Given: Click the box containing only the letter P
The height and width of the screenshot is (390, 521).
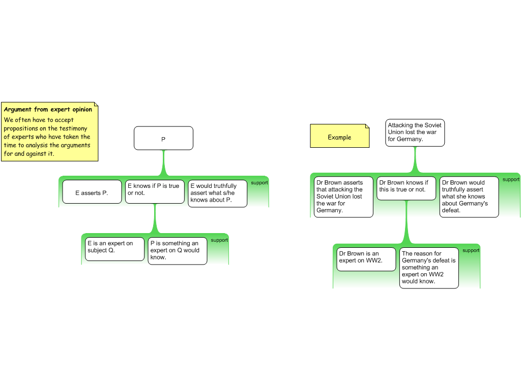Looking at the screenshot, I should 163,138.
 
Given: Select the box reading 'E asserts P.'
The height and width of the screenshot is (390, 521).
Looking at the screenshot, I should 92,192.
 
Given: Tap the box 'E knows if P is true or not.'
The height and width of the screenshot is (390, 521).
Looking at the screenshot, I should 155,192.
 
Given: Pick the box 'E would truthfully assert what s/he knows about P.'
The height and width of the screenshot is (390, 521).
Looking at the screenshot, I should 217,193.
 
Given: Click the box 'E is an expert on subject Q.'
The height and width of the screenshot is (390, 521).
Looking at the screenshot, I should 114,249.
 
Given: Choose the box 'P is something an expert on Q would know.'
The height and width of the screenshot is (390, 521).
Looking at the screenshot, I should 178,251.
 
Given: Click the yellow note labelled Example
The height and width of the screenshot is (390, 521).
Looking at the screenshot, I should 339,137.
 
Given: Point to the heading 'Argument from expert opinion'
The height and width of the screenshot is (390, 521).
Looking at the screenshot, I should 48,109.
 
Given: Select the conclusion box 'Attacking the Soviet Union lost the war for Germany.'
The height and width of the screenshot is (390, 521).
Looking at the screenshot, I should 415,133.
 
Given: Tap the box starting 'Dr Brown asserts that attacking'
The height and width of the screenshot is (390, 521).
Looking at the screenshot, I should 343,197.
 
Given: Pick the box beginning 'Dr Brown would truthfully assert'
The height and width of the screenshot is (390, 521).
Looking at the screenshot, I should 469,197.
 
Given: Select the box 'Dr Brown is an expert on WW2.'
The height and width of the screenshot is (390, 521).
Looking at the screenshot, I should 366,259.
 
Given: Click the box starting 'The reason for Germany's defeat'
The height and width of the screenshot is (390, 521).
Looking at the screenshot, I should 429,268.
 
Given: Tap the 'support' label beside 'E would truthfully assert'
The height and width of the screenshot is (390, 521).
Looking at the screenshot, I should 259,183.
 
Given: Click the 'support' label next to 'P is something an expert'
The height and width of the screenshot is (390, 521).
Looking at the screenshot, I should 219,240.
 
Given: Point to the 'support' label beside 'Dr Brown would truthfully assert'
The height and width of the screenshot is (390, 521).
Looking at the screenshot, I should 511,179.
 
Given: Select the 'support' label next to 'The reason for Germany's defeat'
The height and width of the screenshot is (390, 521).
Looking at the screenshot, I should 471,250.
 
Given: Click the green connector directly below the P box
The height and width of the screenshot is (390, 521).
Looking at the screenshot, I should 163,162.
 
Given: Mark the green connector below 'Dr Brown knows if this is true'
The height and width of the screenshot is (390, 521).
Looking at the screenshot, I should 406,223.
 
